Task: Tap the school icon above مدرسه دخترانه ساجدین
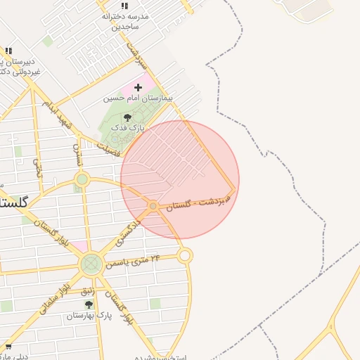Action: pos(125,6)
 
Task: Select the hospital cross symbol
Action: pos(138,88)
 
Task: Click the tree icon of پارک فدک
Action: pos(127,118)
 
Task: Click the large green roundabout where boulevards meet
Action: pos(91,264)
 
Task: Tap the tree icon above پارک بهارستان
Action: pos(89,304)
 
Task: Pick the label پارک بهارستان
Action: pos(84,316)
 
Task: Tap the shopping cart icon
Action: pos(8,347)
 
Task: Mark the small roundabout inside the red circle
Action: pos(153,205)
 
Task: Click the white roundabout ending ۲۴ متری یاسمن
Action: pos(185,255)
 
